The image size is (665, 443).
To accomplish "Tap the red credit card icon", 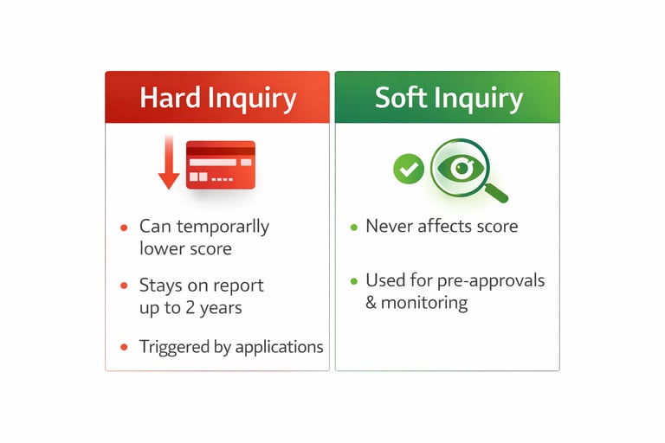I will pyautogui.click(x=220, y=164).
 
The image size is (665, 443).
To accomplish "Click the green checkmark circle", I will pyautogui.click(x=408, y=168).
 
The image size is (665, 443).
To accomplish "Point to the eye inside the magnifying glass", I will pyautogui.click(x=460, y=168).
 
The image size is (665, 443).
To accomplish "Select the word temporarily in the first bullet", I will pyautogui.click(x=223, y=228).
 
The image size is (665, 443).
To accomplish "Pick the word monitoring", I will pyautogui.click(x=424, y=304).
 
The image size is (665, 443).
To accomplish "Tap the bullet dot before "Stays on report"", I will pyautogui.click(x=125, y=286).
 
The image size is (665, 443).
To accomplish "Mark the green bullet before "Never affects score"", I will pyautogui.click(x=353, y=228).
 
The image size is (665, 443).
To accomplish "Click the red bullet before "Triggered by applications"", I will pyautogui.click(x=125, y=347).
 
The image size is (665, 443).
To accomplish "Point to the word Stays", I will pyautogui.click(x=159, y=285).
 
